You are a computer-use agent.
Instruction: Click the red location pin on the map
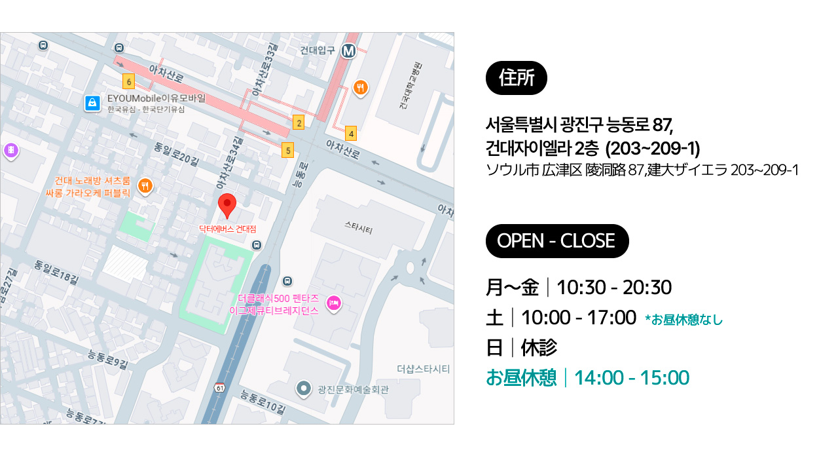pos(227,205)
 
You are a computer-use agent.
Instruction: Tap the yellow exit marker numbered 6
pos(129,82)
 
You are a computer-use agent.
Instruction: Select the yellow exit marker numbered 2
pos(299,123)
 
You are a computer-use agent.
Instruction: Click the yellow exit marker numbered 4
pos(352,134)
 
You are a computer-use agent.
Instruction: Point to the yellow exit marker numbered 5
pos(287,150)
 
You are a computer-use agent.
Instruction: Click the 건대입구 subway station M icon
pos(348,50)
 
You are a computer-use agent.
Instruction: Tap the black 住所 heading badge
pos(517,78)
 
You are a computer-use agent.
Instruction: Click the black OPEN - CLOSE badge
pos(556,241)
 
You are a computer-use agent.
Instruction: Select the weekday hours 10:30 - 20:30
pos(614,288)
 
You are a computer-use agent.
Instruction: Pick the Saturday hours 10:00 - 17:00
pos(579,318)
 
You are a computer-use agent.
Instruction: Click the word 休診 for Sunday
pos(539,348)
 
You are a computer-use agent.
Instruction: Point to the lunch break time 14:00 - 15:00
pos(632,378)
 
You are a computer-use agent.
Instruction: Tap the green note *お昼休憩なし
pos(684,320)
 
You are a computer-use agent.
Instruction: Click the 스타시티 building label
pos(358,228)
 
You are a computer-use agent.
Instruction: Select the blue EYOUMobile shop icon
pos(92,103)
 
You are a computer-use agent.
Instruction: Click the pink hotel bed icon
pos(333,303)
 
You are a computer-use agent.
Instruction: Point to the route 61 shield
pos(219,389)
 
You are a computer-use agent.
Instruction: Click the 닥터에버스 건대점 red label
pos(228,229)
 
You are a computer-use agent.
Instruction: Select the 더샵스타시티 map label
pos(423,370)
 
